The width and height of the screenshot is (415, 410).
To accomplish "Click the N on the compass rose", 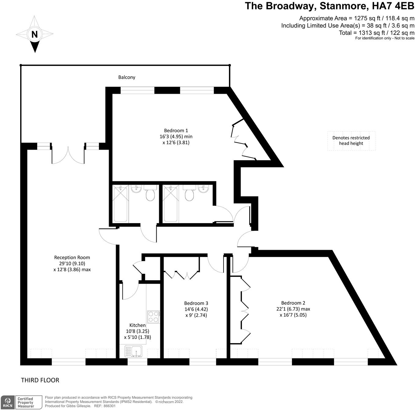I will tap(35, 34).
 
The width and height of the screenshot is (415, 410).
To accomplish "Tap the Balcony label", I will tap(127, 77).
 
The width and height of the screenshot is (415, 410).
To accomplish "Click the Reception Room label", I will tap(72, 257).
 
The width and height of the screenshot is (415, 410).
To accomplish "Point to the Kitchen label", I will tap(137, 325).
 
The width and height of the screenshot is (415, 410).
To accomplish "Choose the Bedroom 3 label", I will tap(196, 303).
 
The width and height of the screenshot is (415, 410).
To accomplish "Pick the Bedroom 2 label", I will tap(293, 303).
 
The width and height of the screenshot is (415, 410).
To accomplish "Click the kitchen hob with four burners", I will tap(153, 317).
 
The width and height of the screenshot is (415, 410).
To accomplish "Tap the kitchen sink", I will tap(133, 351).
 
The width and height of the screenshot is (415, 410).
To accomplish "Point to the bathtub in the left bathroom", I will tap(120, 204).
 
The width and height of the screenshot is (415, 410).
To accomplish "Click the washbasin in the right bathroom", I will tap(203, 189).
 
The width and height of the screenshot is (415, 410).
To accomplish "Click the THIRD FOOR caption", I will tap(40, 380).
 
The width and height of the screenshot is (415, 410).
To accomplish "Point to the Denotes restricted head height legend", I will tap(351, 140).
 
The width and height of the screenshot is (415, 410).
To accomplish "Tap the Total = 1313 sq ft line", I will tap(377, 33).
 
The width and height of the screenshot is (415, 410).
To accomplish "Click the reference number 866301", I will tap(109, 406).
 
